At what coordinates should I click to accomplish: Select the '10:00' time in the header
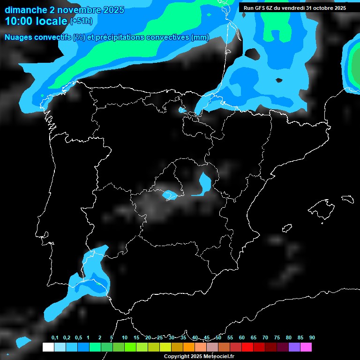[19, 21]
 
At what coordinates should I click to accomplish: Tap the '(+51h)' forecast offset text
[81, 21]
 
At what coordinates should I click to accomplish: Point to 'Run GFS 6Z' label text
[262, 8]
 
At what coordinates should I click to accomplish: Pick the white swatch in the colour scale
[48, 347]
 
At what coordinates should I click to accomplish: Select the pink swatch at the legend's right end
[306, 347]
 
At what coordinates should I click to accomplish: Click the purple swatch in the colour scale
[294, 347]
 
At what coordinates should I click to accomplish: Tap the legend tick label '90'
[312, 337]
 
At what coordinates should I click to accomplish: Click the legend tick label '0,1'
[55, 337]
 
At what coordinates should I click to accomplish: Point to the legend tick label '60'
[242, 337]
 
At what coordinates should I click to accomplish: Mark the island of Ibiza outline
[286, 228]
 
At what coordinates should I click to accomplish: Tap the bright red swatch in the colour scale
[247, 347]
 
